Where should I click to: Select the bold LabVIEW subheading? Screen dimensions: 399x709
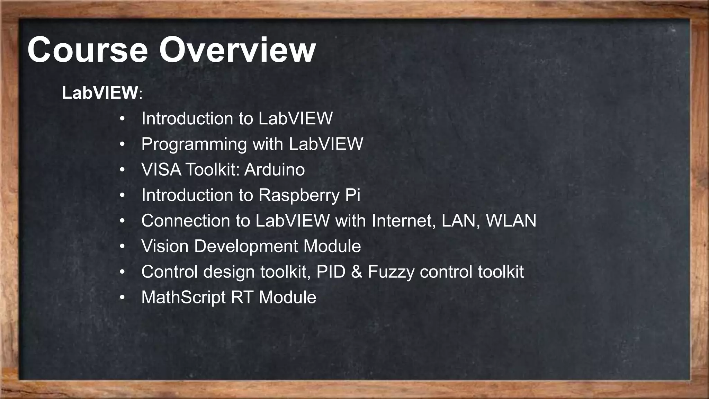pos(100,93)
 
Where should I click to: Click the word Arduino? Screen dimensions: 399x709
pos(275,170)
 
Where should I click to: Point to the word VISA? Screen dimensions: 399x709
pos(161,170)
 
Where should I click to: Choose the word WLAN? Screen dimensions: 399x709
pos(511,221)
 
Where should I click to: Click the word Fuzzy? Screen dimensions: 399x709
pos(391,272)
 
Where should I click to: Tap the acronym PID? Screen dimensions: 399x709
pos(331,272)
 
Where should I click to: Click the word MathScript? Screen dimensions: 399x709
pos(183,298)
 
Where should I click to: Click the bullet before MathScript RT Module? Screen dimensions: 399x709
pos(122,298)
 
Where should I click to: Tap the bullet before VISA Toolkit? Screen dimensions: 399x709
pos(122,170)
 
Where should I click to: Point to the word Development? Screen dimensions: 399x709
pos(246,246)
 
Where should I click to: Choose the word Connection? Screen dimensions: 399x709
pos(186,221)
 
